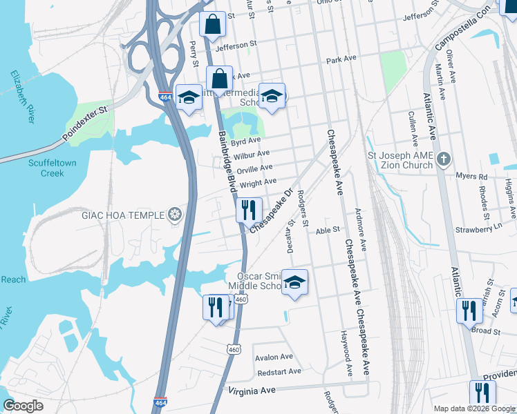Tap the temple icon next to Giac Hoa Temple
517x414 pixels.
coord(176,215)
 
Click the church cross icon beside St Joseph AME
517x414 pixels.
coord(444,160)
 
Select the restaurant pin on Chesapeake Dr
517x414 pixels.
coord(249,210)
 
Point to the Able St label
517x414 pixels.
coord(328,230)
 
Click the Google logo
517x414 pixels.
coord(23,406)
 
